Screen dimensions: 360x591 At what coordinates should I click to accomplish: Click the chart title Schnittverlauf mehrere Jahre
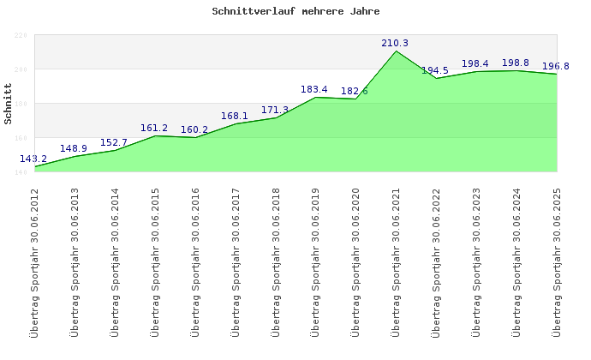(x=295, y=12)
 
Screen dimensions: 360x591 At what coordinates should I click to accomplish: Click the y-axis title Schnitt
(x=9, y=104)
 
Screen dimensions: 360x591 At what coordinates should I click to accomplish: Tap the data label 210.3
(x=395, y=43)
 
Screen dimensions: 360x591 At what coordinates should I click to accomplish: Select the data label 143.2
(x=33, y=159)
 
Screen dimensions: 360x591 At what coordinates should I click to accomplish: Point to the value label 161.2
(x=154, y=128)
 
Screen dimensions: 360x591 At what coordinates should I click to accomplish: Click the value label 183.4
(x=314, y=89)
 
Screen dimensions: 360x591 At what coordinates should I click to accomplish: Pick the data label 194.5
(x=435, y=70)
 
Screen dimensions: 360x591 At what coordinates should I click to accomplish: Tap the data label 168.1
(x=235, y=116)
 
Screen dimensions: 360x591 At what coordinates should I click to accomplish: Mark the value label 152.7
(x=114, y=142)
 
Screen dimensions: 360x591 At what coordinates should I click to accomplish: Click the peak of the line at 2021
(x=396, y=51)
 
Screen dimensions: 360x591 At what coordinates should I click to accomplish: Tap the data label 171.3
(x=275, y=110)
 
